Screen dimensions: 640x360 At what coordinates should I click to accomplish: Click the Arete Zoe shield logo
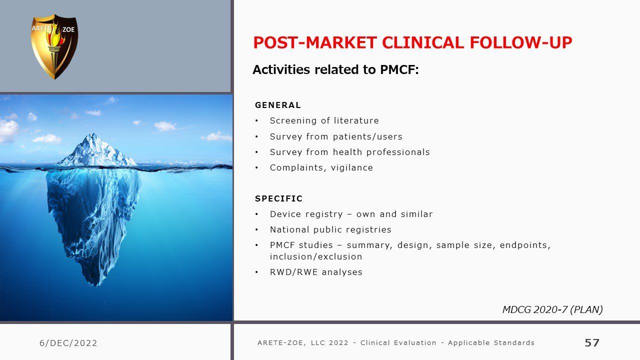click(54, 46)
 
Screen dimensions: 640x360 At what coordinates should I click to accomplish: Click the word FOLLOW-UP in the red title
click(521, 42)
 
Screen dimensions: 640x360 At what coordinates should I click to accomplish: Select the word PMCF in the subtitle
click(397, 69)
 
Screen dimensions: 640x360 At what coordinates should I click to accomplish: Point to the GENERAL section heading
click(278, 105)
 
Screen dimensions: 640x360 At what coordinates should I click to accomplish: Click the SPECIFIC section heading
click(278, 198)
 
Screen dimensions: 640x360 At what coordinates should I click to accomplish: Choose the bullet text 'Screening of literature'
click(324, 121)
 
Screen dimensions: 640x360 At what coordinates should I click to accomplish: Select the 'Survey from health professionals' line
click(349, 152)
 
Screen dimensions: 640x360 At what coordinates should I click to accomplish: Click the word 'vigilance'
click(351, 167)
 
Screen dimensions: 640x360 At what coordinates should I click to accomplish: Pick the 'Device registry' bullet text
click(306, 214)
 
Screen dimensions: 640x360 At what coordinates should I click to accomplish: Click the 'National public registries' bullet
click(330, 229)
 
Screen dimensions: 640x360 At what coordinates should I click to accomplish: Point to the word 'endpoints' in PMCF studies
click(523, 245)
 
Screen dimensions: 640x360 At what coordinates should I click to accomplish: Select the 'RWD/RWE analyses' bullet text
click(316, 272)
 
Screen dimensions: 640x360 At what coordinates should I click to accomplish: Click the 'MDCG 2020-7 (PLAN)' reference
click(552, 309)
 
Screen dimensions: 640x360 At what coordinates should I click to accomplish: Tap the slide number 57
click(592, 342)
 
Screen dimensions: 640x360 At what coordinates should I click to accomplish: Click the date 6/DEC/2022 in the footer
click(68, 343)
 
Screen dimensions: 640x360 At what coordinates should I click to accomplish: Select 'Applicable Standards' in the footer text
click(491, 342)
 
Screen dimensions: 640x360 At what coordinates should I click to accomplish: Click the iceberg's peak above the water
click(93, 134)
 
